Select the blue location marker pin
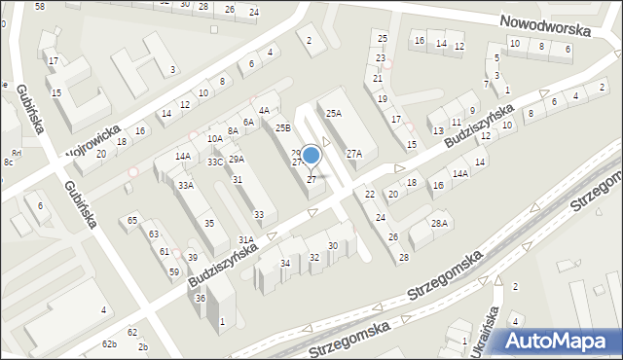(311, 156)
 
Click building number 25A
(334, 113)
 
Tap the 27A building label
(354, 153)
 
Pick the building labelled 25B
(282, 127)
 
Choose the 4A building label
(264, 111)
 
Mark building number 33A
(185, 185)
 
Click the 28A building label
(440, 224)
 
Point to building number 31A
(246, 238)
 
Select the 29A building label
(236, 159)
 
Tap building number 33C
(215, 162)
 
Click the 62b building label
(109, 344)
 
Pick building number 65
(132, 221)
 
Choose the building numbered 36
(200, 299)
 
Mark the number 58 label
(40, 7)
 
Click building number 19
(383, 98)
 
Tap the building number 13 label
(437, 129)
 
